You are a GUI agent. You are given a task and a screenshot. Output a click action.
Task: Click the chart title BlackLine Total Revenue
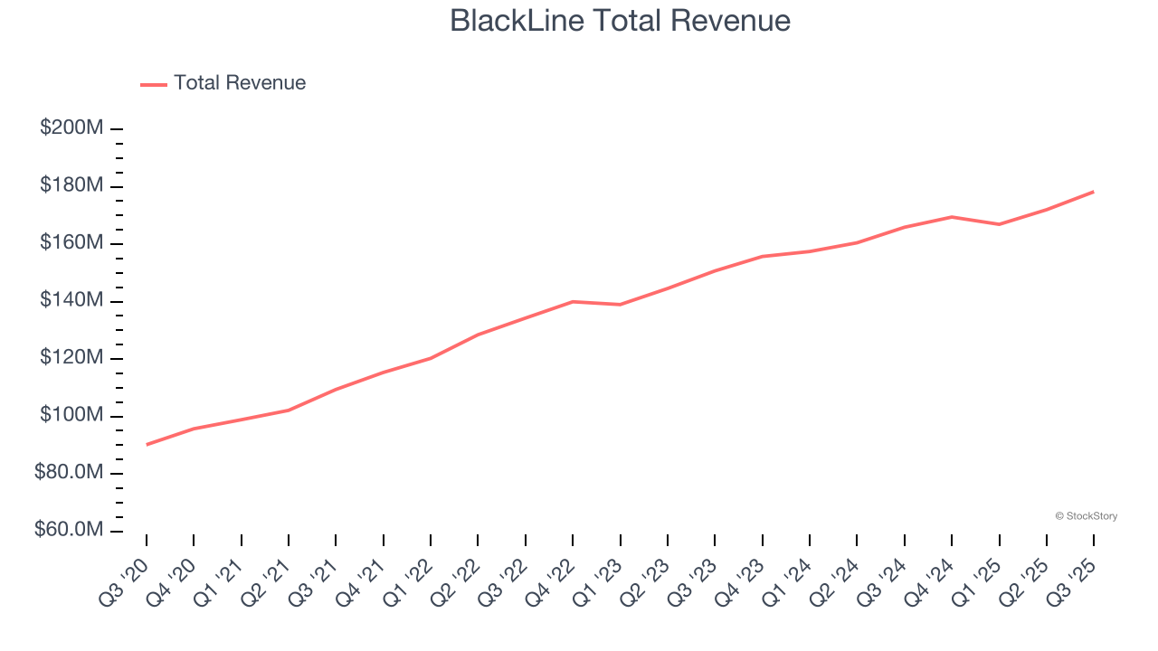point(620,21)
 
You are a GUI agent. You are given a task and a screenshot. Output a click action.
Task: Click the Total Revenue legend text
point(240,83)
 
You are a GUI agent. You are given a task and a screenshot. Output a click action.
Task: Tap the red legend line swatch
point(154,84)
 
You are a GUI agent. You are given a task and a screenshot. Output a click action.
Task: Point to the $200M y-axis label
point(71,128)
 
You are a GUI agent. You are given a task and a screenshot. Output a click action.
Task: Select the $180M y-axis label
point(71,186)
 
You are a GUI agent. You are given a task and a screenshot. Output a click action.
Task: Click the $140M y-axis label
point(71,301)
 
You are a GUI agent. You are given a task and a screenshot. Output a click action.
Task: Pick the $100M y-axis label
point(71,416)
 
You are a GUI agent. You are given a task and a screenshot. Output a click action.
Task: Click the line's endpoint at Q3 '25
point(1094,192)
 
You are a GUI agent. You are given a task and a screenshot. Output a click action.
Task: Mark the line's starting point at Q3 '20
point(147,444)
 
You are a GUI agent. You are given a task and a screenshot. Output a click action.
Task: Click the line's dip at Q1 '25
point(999,224)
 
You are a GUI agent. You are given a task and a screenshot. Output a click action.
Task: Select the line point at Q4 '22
point(573,301)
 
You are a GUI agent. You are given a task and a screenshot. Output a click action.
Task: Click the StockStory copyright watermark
point(1086,516)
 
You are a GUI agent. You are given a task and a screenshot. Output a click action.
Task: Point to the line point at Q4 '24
point(952,217)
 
